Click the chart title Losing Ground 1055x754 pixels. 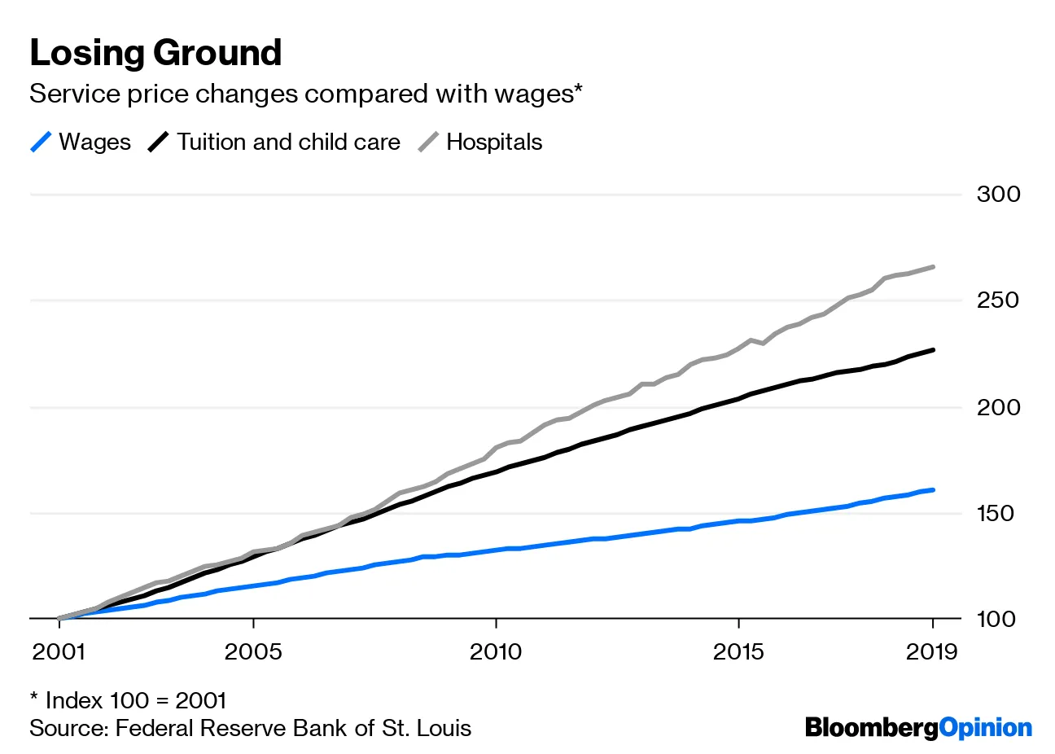pos(155,54)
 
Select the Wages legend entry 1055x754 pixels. pos(81,142)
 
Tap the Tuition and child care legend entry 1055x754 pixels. pos(274,142)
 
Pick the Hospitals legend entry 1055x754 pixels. pos(480,142)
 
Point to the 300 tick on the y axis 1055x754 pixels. pos(998,195)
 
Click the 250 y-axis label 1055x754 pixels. pos(998,300)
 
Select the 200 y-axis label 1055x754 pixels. pos(998,407)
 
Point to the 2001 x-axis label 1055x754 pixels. pos(59,652)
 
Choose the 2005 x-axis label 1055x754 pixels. pos(254,652)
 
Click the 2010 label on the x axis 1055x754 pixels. pos(496,652)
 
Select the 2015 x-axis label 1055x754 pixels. pos(738,652)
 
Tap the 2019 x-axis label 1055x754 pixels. pos(933,652)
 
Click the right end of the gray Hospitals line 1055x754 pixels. pos(932,267)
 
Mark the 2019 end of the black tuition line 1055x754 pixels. pos(932,350)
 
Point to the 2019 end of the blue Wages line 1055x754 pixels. pos(932,490)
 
